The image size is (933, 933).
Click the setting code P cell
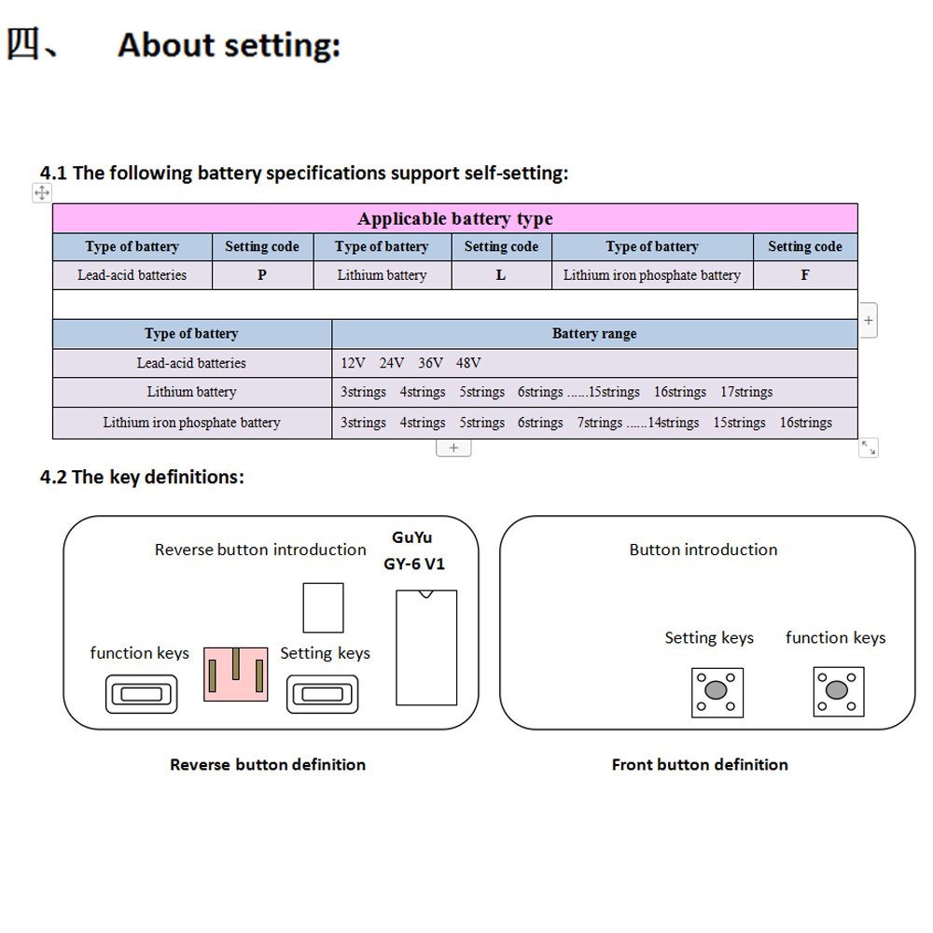262,275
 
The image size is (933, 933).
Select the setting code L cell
501,275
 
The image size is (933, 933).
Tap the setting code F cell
804,275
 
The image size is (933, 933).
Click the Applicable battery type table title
454,219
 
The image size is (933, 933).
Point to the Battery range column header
594,333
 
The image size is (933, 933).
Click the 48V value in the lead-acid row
468,363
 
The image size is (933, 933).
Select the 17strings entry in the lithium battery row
746,392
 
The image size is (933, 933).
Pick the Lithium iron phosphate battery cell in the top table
652,275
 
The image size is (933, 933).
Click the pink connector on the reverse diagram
235,673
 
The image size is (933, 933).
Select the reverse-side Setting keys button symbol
319,694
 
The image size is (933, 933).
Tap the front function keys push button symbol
836,691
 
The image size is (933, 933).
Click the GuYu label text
412,537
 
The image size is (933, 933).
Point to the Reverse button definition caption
268,765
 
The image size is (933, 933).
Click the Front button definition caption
700,765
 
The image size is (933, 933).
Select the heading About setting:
229,44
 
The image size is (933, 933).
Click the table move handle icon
41,193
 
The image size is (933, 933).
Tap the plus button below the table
453,448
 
